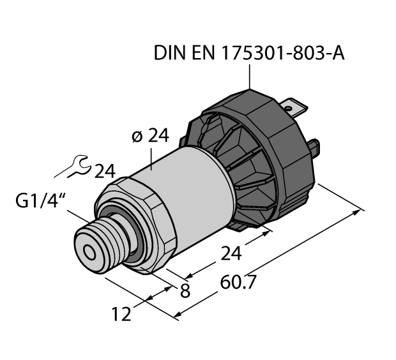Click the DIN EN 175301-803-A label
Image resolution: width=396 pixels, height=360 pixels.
(x=249, y=54)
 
